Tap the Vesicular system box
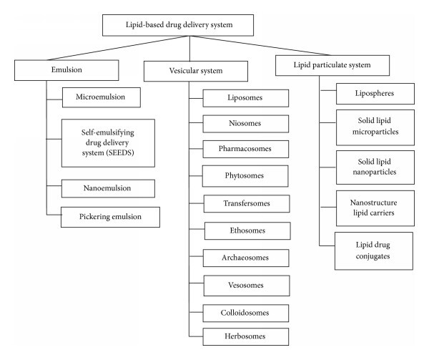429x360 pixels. coord(188,72)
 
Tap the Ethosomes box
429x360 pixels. coord(247,230)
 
